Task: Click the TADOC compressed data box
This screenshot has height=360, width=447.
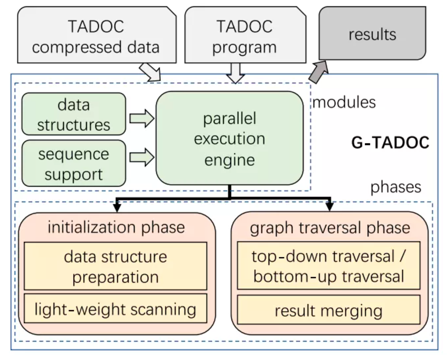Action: (x=96, y=37)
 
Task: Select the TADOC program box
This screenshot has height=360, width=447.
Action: (x=244, y=37)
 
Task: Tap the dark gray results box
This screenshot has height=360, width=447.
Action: (x=372, y=34)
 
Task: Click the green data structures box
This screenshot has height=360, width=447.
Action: (x=74, y=114)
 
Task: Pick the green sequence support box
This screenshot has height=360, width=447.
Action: (x=74, y=163)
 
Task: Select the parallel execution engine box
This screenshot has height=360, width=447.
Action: (x=229, y=138)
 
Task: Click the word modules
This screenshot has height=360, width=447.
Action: (x=344, y=102)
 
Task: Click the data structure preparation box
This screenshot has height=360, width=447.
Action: (x=115, y=266)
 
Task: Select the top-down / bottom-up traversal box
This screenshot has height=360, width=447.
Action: (x=328, y=266)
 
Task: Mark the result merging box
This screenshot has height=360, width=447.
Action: (x=328, y=311)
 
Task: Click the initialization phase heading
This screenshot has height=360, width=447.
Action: (x=116, y=227)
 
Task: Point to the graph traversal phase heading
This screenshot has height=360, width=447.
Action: (x=330, y=227)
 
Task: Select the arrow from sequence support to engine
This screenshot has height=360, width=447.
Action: (x=141, y=157)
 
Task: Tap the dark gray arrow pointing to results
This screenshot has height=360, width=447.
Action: (x=318, y=71)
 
